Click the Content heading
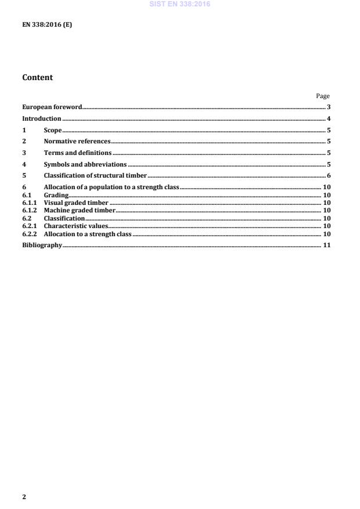click(37, 77)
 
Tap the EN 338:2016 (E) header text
click(47, 26)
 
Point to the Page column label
click(323, 96)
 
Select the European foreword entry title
click(52, 107)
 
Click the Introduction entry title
click(42, 118)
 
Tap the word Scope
click(53, 130)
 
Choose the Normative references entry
click(77, 141)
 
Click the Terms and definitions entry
click(78, 153)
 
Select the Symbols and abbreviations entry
click(85, 164)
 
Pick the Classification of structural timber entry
click(95, 175)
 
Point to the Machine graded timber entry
click(80, 210)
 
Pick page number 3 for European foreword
click(328, 107)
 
